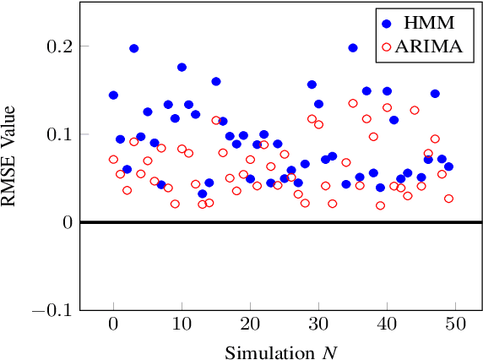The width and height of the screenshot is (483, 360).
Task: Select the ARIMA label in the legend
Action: click(x=432, y=47)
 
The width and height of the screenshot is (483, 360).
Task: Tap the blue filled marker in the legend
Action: click(x=387, y=22)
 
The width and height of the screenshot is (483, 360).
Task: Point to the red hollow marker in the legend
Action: click(x=387, y=47)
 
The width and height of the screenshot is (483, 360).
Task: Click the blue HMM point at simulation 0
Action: click(x=113, y=95)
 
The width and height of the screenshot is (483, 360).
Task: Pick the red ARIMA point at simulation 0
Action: click(x=113, y=159)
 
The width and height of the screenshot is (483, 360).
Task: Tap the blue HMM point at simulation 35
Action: click(x=353, y=48)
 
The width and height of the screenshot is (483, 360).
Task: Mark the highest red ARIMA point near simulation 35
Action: click(x=353, y=103)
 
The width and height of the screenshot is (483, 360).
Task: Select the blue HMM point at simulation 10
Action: click(x=182, y=67)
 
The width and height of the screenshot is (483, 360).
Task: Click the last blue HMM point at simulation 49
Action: click(x=448, y=166)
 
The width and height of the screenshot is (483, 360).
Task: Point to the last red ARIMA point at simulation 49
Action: click(x=448, y=199)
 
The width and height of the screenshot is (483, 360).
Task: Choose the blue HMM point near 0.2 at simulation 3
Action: click(x=133, y=48)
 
